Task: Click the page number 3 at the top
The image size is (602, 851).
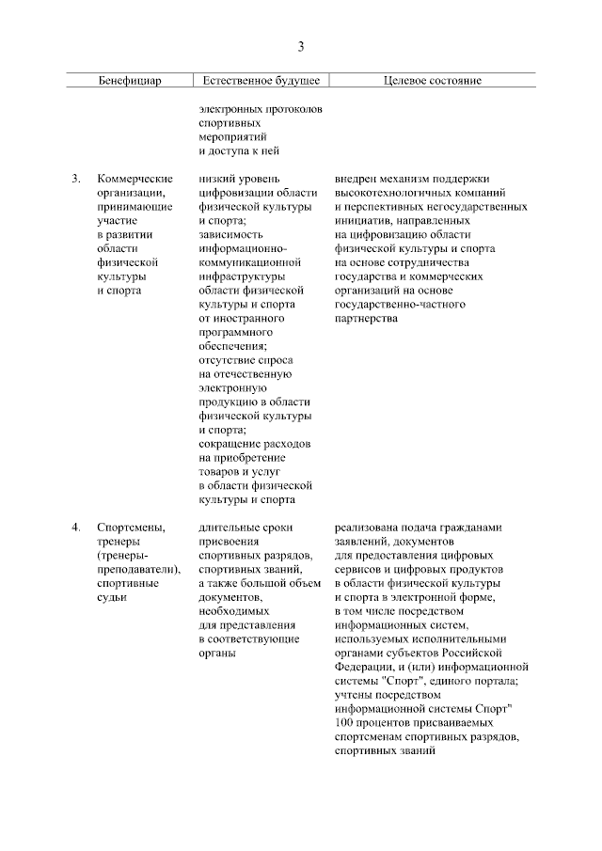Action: [x=301, y=46]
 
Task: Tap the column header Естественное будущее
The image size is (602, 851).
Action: [x=260, y=81]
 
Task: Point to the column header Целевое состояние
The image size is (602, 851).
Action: [x=433, y=81]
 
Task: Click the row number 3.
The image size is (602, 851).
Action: [x=74, y=178]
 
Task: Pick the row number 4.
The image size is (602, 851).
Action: [x=74, y=527]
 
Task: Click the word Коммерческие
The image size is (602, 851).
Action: [x=135, y=178]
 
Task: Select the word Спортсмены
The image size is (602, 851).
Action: [x=131, y=527]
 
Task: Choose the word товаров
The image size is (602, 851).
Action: [x=223, y=472]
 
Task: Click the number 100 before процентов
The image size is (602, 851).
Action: [x=345, y=722]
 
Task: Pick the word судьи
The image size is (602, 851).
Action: [x=114, y=597]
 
